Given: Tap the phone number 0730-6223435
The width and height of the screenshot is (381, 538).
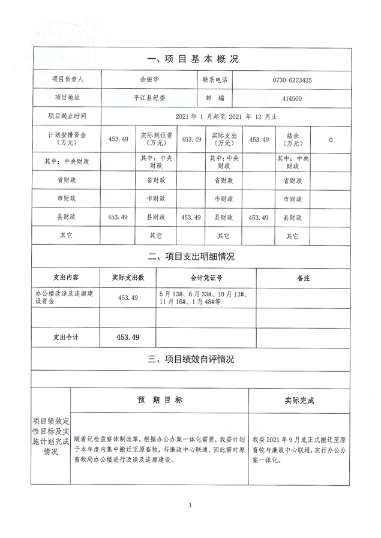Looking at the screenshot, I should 287,80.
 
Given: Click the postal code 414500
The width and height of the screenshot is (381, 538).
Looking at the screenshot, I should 287,97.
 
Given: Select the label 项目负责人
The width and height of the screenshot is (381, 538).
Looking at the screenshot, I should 67,79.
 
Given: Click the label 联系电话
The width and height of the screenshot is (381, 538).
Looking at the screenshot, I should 213,79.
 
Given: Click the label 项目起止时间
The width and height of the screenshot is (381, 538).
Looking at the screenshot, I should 67,116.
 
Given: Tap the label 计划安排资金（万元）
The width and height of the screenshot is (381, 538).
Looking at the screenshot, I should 67,139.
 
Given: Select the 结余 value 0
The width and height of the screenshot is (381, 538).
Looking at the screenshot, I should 331,140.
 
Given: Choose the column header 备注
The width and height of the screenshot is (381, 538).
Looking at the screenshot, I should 304,278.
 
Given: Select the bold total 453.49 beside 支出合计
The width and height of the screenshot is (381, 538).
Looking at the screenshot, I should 128,338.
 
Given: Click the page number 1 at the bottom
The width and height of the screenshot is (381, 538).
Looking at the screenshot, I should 190,506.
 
